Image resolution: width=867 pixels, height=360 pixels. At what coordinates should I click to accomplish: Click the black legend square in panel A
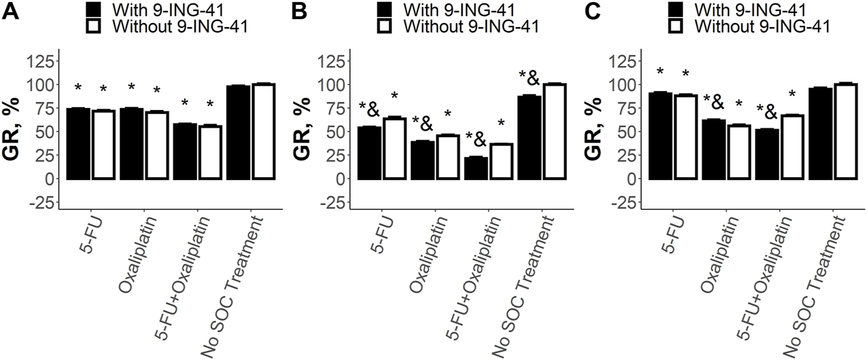(x=94, y=9)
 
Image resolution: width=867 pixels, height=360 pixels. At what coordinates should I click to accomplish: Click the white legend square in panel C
(x=676, y=26)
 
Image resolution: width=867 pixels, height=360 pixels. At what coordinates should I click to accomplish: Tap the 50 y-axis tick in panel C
(x=623, y=132)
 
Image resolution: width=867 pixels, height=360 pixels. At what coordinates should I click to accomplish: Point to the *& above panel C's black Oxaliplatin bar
(x=713, y=103)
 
